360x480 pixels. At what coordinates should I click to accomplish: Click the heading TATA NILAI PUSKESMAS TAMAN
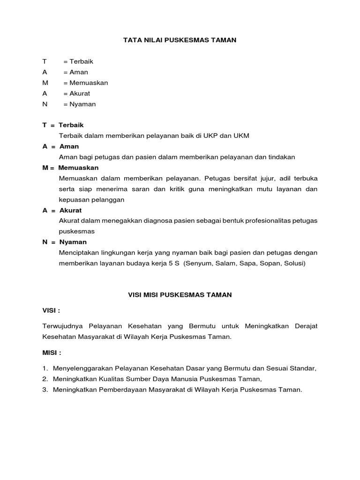click(180, 40)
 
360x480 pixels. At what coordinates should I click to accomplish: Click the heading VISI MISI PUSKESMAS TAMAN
click(180, 295)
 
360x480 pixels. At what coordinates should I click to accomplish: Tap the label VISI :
click(51, 310)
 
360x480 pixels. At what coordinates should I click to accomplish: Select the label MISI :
click(52, 352)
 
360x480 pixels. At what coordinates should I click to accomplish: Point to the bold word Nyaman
click(73, 242)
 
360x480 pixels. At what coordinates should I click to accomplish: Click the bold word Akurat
click(70, 210)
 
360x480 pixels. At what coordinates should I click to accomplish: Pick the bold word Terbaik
click(71, 126)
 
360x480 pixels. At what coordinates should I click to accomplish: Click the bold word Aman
click(69, 147)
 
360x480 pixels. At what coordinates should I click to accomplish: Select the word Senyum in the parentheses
click(199, 263)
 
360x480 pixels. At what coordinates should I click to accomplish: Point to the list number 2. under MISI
click(45, 379)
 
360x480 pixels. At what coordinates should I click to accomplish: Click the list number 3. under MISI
click(45, 390)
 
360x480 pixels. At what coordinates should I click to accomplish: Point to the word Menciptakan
click(78, 253)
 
